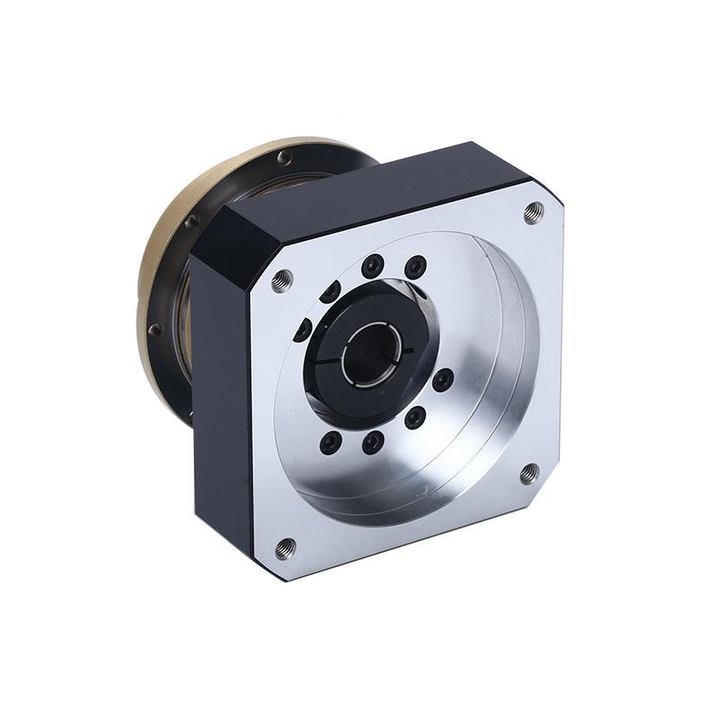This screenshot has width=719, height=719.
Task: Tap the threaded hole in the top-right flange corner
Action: [x=534, y=211]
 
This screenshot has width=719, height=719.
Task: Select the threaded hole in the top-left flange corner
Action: [x=282, y=280]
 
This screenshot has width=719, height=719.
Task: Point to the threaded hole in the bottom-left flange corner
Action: [x=286, y=546]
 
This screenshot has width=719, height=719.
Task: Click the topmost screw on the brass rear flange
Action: [x=284, y=158]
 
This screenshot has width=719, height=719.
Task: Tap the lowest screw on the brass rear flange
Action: [x=155, y=330]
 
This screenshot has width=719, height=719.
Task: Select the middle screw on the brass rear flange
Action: [x=191, y=221]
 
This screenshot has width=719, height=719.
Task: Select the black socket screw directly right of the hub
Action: [x=442, y=380]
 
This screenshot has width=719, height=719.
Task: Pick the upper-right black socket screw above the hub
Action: [x=415, y=267]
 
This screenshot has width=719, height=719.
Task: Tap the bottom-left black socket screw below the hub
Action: [x=331, y=441]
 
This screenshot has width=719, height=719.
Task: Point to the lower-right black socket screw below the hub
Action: [x=414, y=418]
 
